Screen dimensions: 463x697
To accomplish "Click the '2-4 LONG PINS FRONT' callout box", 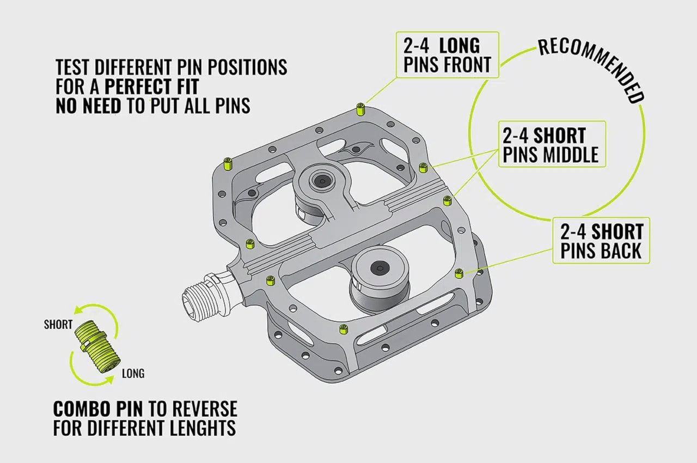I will [x=445, y=54].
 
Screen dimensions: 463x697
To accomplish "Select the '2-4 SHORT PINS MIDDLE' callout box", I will [x=551, y=144].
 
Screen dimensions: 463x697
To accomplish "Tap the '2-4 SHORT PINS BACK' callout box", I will [x=601, y=240].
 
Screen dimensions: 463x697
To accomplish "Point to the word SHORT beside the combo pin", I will [x=58, y=325].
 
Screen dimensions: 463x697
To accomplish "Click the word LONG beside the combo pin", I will [x=133, y=374].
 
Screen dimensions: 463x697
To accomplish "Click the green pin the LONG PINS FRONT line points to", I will [x=360, y=108].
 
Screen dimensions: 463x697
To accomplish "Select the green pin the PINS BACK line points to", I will [x=458, y=273].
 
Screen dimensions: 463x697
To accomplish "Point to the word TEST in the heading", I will [x=74, y=67].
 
